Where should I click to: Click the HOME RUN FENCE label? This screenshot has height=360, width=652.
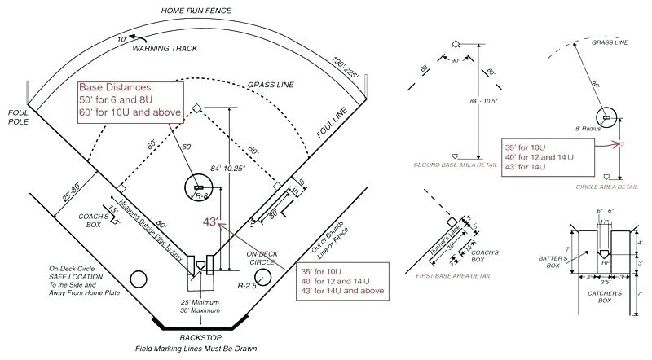[x=196, y=10]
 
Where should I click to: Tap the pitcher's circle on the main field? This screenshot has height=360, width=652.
[x=199, y=188]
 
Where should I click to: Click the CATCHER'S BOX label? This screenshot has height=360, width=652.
[x=604, y=296]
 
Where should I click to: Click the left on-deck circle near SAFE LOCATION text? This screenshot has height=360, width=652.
[x=139, y=279]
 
